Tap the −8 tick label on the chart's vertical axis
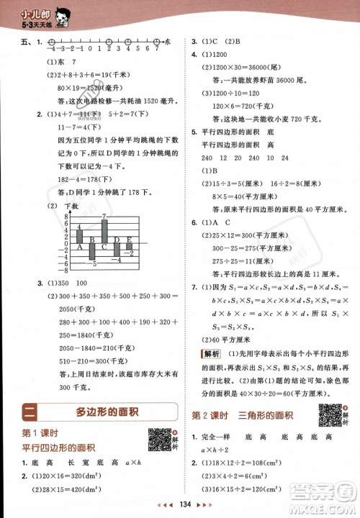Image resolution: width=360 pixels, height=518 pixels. pos(60,271)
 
